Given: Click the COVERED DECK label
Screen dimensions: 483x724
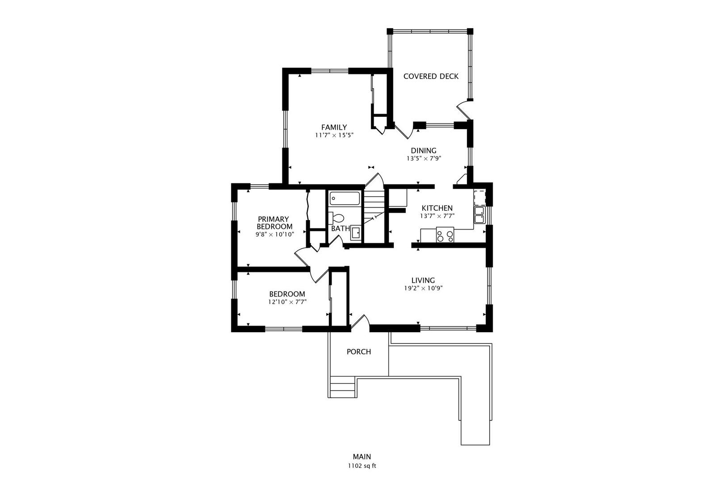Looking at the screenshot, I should (x=431, y=76).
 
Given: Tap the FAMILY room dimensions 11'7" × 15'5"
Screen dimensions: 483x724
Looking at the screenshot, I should (x=334, y=135).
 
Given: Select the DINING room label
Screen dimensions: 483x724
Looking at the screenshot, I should (x=423, y=151).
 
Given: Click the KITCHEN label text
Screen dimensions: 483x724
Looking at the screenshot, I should (x=437, y=208).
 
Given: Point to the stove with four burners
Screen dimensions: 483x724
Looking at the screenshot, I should (x=445, y=235).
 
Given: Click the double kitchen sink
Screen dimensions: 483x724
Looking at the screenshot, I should (x=479, y=215).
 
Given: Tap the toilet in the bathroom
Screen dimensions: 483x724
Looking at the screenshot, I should (x=337, y=218).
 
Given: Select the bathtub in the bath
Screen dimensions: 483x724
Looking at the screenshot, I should (x=345, y=199).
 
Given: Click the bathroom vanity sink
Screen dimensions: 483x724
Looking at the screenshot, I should (x=356, y=233).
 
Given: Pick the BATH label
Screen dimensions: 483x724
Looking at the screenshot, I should (x=340, y=229).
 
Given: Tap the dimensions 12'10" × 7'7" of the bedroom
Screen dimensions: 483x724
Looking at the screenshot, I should (x=287, y=302).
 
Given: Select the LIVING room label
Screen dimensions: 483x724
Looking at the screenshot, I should (x=423, y=280).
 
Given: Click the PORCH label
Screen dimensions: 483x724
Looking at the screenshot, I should (x=359, y=352).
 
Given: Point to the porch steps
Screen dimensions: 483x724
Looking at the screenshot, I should (x=343, y=387).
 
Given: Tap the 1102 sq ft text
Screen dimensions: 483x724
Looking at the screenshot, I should (x=362, y=466).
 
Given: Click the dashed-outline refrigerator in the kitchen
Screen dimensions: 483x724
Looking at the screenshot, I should (x=480, y=197).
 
